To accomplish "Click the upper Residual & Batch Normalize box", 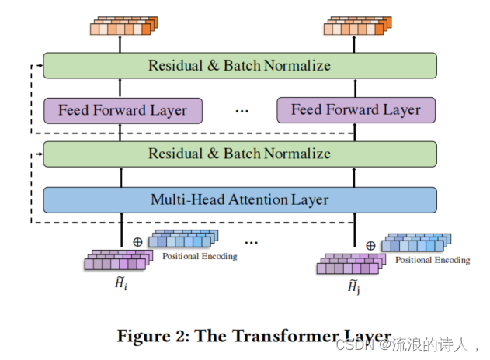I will click(x=239, y=65).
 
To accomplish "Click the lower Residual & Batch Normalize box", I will click(x=239, y=154).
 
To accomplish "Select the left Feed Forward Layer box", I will click(x=123, y=110).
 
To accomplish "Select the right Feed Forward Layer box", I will click(x=356, y=110).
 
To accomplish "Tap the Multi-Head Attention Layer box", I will click(x=239, y=199).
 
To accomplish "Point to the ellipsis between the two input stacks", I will click(x=251, y=242).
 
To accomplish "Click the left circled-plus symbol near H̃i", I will click(x=137, y=241).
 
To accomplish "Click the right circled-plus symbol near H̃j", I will click(x=370, y=245).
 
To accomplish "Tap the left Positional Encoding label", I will click(x=200, y=256).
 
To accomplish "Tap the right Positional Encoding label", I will click(x=433, y=260).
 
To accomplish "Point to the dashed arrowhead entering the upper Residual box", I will click(x=40, y=65).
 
